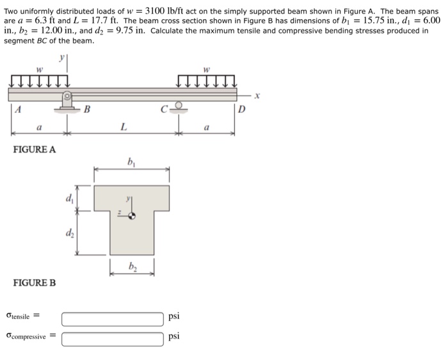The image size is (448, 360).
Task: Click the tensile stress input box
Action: coord(113,318)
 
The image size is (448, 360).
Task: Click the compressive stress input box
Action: coord(113,338)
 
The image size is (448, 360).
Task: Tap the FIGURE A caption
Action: coord(35,149)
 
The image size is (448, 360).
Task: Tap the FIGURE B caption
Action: coord(35,282)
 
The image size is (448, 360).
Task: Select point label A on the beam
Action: coord(19,110)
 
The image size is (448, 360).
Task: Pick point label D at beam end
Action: coord(241,110)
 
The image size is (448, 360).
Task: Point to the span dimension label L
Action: coord(123,128)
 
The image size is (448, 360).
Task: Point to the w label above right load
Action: coord(206,69)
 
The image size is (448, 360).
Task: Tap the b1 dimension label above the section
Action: coord(131,161)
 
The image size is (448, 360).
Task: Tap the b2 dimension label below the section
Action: coord(132,265)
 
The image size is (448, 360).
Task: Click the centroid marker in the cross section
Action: coord(132,217)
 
